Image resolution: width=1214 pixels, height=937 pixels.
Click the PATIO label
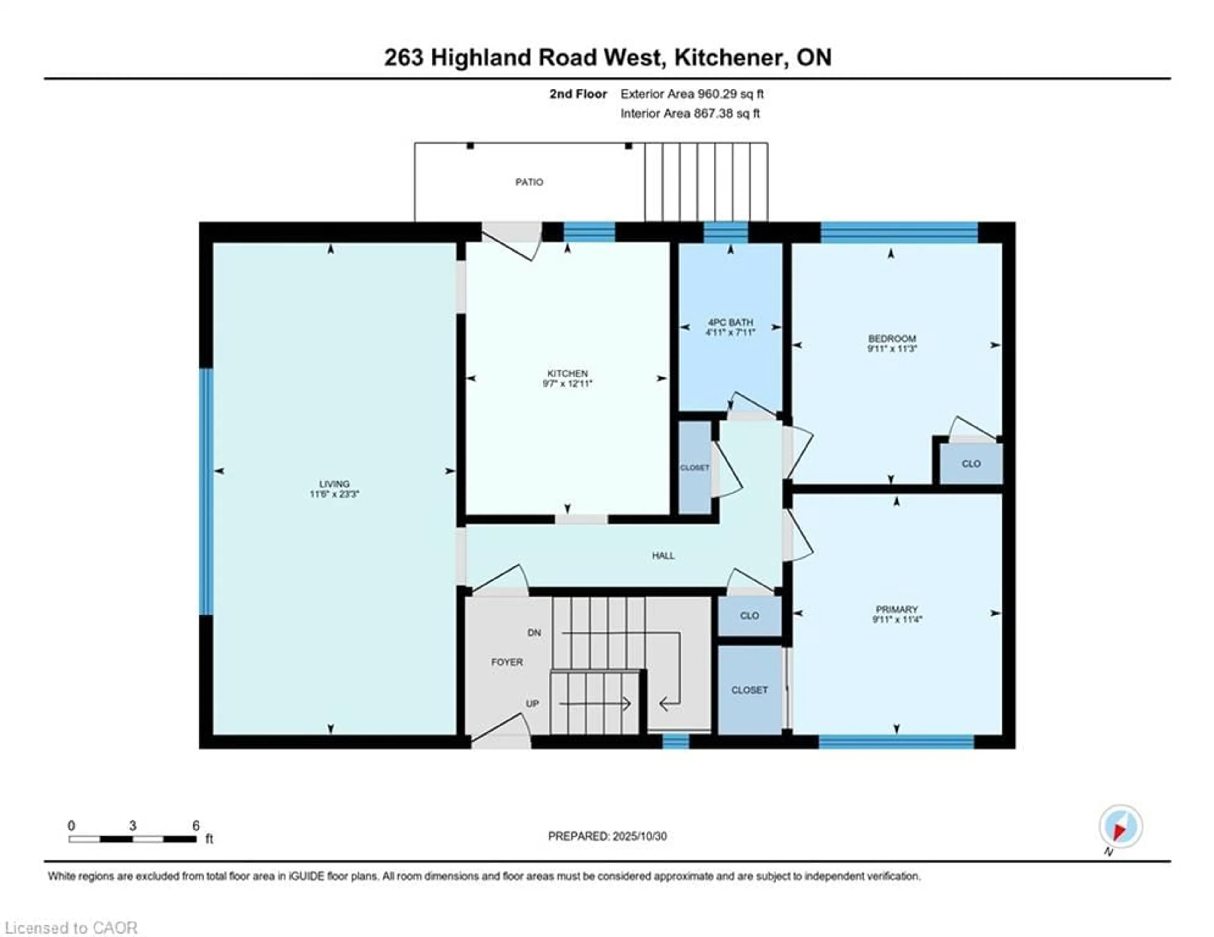[x=529, y=182]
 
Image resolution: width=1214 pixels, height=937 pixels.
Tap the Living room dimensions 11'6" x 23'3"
[x=334, y=493]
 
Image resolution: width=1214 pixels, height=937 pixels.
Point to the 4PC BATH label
[x=730, y=322]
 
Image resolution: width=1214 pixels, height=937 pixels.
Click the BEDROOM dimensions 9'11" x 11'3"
[x=892, y=348]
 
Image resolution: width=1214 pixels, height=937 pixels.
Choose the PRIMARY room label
[x=896, y=609]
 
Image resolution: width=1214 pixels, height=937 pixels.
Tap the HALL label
[x=663, y=555]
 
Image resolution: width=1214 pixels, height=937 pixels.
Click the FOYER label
[x=506, y=662]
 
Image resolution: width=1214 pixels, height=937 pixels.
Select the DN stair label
[x=534, y=633]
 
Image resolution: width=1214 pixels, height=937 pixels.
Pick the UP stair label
[x=532, y=704]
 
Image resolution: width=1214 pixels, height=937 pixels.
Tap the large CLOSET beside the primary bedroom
[x=749, y=690]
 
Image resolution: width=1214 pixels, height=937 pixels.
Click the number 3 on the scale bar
[x=132, y=826]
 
